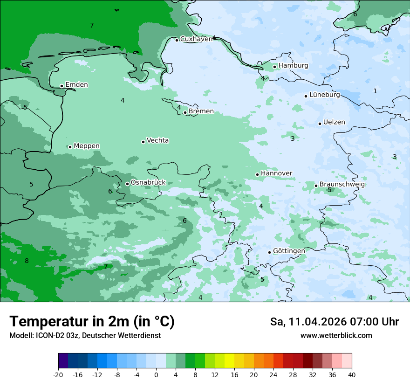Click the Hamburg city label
(x=293, y=66)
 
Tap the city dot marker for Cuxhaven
(x=177, y=40)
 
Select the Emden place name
(x=76, y=85)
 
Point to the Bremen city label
(x=201, y=111)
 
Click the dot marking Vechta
(x=143, y=142)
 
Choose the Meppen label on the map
(x=87, y=146)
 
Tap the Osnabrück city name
(x=148, y=182)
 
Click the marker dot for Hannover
(x=257, y=174)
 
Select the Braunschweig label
(x=342, y=185)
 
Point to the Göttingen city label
(x=289, y=251)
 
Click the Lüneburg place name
(x=325, y=95)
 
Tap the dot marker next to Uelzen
(x=320, y=124)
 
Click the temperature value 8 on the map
(x=27, y=261)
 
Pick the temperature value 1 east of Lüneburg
(x=375, y=91)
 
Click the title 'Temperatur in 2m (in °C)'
(x=92, y=321)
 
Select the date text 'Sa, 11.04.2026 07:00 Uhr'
(x=334, y=322)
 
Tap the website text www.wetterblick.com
(x=336, y=335)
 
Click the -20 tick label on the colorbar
(x=58, y=374)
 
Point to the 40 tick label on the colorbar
(x=352, y=374)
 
